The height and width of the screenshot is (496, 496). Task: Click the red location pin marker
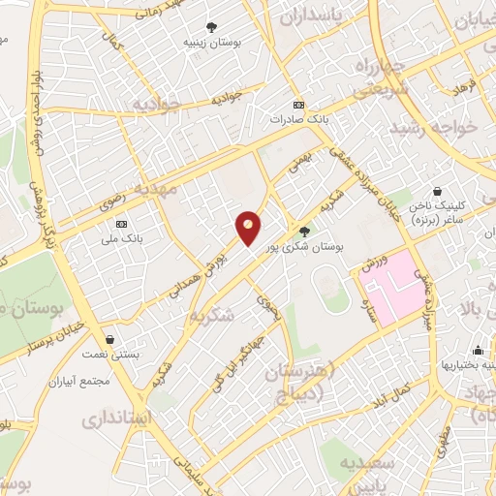248,228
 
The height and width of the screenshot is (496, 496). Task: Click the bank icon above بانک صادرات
298,105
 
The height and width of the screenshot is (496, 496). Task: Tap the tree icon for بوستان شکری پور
305,231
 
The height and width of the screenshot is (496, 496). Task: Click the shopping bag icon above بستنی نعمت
111,340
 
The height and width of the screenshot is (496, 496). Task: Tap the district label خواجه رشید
431,130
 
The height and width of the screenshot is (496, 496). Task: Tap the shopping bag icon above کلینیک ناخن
438,191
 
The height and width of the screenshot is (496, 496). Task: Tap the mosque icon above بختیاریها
477,351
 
